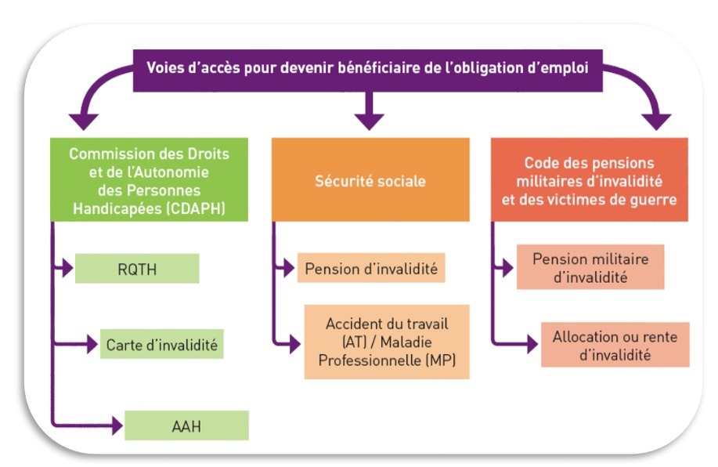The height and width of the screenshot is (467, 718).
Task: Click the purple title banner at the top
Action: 368,71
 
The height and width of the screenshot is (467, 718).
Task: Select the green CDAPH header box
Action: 150,179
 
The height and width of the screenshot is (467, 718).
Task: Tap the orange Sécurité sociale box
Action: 370,179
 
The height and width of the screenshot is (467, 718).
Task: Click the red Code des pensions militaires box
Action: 590,179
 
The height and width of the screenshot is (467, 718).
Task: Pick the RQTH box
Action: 137,269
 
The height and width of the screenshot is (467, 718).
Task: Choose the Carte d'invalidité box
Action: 161,344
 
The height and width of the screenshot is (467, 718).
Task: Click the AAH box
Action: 186,425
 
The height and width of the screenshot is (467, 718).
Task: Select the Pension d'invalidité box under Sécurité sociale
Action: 371,268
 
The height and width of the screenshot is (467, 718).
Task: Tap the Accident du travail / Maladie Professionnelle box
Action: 387,342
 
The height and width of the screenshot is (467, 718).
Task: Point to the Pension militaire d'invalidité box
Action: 590,267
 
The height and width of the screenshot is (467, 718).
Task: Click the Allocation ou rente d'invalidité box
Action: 615,345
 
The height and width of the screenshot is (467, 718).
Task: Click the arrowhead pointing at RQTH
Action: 68,268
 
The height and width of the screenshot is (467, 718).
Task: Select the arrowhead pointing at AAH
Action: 117,425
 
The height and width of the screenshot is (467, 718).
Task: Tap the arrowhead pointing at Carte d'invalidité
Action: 93,344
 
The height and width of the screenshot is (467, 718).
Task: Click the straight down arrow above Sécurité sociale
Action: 369,111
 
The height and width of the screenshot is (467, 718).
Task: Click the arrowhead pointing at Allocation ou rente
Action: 532,344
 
